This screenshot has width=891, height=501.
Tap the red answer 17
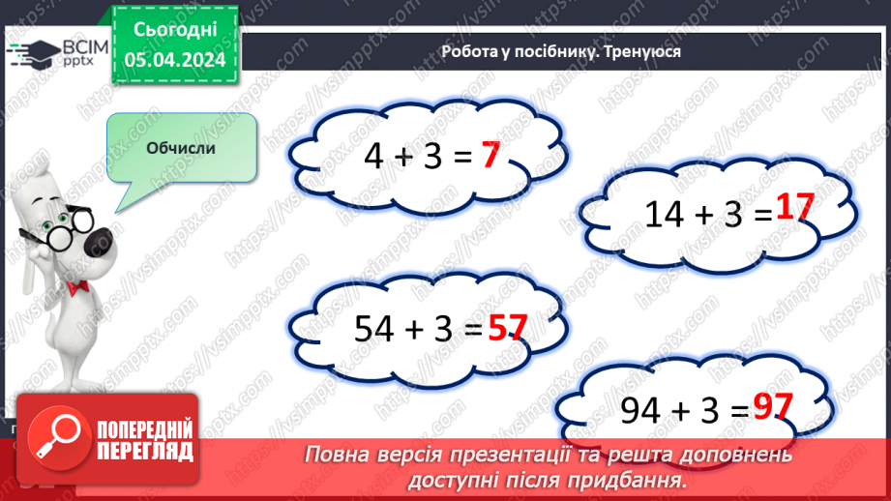pos(796,210)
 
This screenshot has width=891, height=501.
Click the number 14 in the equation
pos(665,214)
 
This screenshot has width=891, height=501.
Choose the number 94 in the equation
pos(641,411)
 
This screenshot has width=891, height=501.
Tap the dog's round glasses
pos(48,237)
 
